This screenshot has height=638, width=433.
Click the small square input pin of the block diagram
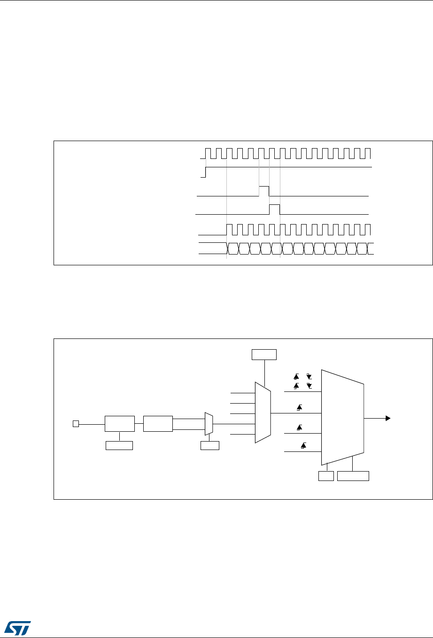pos(75,424)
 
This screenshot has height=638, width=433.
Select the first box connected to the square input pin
pos(119,424)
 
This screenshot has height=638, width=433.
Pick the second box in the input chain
pos(158,424)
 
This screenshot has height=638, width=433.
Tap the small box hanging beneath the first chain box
pos(119,445)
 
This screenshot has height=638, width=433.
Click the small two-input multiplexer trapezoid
pos(209,424)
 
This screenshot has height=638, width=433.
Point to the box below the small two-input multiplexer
pos(209,445)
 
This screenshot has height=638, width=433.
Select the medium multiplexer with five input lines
pos(263,412)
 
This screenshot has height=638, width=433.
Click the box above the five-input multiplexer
pos(264,354)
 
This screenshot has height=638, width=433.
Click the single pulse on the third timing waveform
pos(264,191)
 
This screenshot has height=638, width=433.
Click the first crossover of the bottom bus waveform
pos(227,248)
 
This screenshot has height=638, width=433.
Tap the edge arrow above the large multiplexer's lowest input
pos(303,446)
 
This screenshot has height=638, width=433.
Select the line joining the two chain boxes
pos(139,424)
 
